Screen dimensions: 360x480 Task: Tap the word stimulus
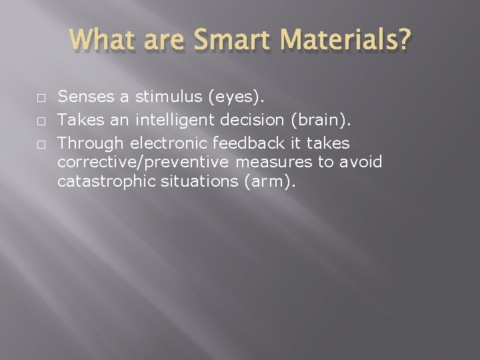[169, 97]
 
